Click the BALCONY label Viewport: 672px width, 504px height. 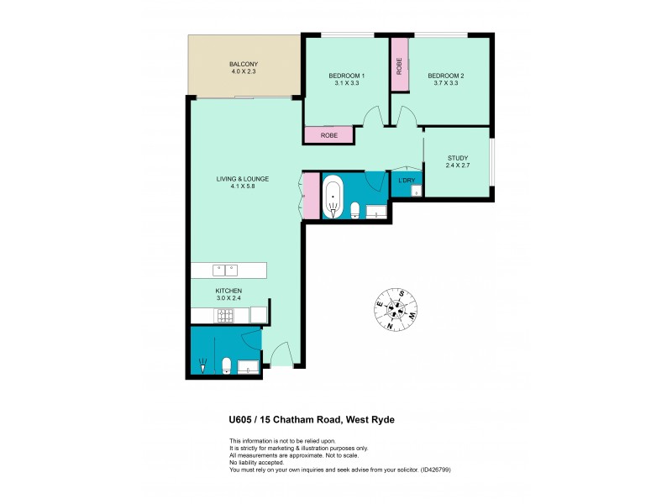click(x=244, y=65)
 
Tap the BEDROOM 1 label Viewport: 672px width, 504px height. click(x=346, y=76)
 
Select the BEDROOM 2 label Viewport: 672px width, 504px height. click(x=446, y=76)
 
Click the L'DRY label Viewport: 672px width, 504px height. click(x=407, y=181)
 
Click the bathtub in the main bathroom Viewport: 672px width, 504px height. click(x=333, y=197)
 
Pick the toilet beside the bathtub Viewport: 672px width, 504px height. click(x=356, y=208)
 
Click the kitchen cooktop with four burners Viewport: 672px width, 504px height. click(x=226, y=316)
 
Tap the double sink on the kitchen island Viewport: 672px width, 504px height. click(x=224, y=270)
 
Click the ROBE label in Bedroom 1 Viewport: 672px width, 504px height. click(x=329, y=134)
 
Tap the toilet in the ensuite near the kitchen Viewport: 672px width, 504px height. click(x=227, y=364)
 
